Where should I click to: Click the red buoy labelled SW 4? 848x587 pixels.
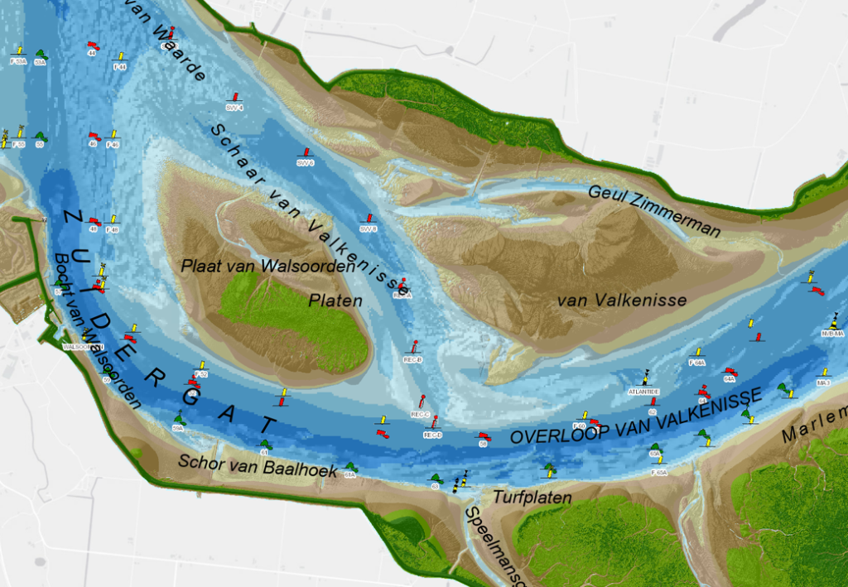pyautogui.click(x=236, y=98)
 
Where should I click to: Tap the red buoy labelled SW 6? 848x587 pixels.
pyautogui.click(x=306, y=153)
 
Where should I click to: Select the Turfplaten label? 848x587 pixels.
pyautogui.click(x=532, y=498)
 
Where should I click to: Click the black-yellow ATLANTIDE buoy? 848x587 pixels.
pyautogui.click(x=646, y=378)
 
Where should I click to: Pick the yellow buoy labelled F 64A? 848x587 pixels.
pyautogui.click(x=697, y=353)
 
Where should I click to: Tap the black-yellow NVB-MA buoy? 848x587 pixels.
pyautogui.click(x=833, y=321)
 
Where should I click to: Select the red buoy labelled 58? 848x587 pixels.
pyautogui.click(x=482, y=435)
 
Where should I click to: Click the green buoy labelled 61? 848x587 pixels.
pyautogui.click(x=264, y=444)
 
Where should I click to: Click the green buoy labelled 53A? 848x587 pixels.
pyautogui.click(x=41, y=55)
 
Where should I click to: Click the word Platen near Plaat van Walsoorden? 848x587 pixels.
pyautogui.click(x=335, y=301)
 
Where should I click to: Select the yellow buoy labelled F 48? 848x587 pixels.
pyautogui.click(x=113, y=220)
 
